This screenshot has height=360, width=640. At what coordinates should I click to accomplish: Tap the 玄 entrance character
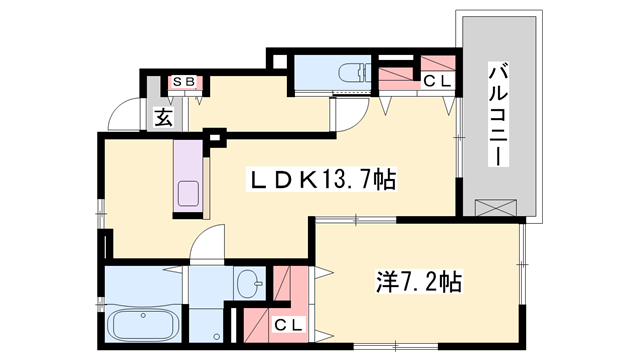tap(161, 116)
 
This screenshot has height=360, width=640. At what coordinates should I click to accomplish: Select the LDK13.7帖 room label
tap(321, 180)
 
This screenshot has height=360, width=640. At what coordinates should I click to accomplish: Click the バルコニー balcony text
tap(497, 115)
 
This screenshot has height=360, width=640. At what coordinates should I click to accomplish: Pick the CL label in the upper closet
tap(436, 82)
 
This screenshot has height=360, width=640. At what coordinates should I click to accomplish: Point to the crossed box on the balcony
tap(497, 207)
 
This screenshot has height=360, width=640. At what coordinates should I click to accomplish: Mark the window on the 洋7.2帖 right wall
tap(522, 262)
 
